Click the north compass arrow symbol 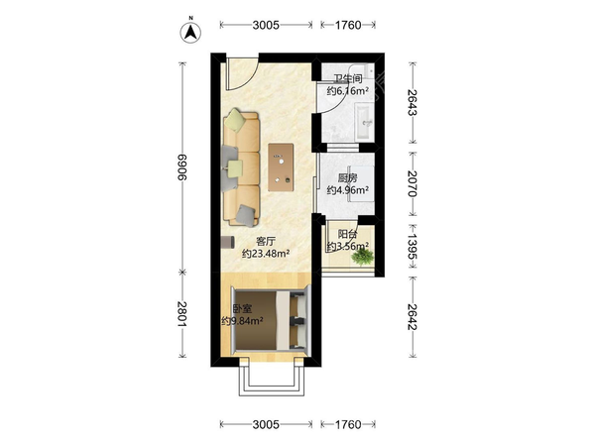click(x=190, y=33)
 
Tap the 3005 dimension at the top click(x=266, y=25)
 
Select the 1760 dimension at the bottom click(x=348, y=424)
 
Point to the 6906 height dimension click(x=182, y=167)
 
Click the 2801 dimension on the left click(x=182, y=314)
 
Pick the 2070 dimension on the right click(x=413, y=183)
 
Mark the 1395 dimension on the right click(x=413, y=246)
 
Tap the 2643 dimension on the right click(x=413, y=102)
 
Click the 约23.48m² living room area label click(x=266, y=254)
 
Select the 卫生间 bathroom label click(x=348, y=79)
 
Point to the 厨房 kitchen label click(x=348, y=177)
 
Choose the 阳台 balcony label click(x=348, y=234)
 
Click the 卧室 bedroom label click(x=242, y=309)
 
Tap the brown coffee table click(x=281, y=167)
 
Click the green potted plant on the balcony click(x=362, y=257)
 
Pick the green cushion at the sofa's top click(x=235, y=120)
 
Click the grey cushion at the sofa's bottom click(x=246, y=216)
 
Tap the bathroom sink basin click(x=364, y=122)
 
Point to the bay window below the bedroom click(x=272, y=381)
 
